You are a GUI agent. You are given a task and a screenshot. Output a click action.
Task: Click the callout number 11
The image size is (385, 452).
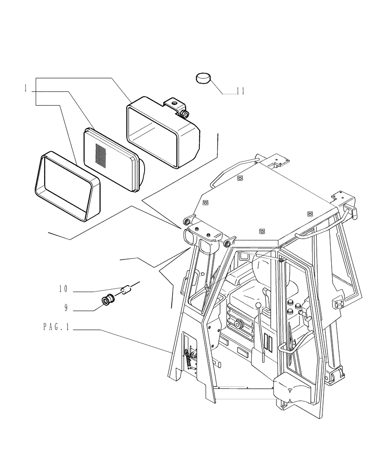(240, 91)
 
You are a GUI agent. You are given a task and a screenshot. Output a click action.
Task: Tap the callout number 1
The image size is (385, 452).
(26, 89)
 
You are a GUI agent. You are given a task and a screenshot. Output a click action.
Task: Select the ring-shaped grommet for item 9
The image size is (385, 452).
(108, 300)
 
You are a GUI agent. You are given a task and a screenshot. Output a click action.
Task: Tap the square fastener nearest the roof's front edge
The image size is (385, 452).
(261, 231)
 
